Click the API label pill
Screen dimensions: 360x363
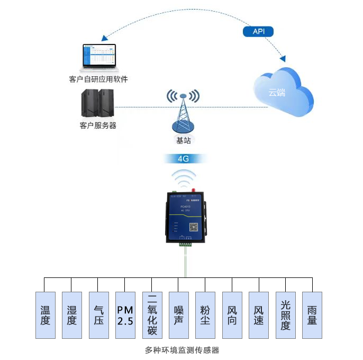(258, 32)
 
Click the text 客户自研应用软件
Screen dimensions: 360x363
(98, 79)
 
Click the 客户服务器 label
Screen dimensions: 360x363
(98, 126)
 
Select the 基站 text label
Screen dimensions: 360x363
(183, 140)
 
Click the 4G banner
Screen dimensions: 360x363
(183, 158)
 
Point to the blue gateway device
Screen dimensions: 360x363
(183, 218)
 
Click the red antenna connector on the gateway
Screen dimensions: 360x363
(194, 189)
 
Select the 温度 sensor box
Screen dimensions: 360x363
(45, 314)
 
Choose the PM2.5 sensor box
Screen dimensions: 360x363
(125, 314)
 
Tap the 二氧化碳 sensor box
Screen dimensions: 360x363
(152, 314)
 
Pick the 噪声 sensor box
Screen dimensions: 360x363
(179, 314)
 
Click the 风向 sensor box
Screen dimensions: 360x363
(232, 314)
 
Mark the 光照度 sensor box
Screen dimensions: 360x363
(285, 314)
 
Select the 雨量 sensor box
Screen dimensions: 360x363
(312, 314)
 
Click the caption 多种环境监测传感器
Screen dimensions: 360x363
(181, 350)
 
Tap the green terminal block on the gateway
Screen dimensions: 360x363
(185, 244)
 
